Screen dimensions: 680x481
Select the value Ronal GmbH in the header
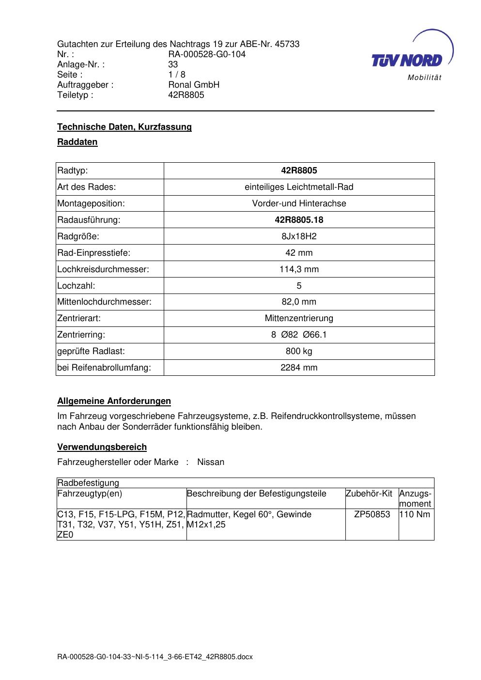click(194, 85)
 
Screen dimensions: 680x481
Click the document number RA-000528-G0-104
click(207, 54)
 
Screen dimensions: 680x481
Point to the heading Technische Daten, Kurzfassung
click(124, 127)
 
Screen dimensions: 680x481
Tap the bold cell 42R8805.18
click(299, 220)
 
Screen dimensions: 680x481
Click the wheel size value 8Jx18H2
click(299, 236)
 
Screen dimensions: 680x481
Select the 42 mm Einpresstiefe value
click(299, 253)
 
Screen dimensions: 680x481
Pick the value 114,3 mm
click(299, 269)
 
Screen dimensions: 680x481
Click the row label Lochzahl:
click(76, 286)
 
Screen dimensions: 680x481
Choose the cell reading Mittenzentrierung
click(299, 318)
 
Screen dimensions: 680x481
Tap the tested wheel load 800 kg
click(299, 351)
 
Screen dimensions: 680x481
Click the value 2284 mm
click(299, 368)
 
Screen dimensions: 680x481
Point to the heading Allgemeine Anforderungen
click(114, 401)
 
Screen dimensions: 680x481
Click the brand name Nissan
click(211, 462)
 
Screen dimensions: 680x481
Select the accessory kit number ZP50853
click(372, 514)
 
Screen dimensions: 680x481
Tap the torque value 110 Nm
click(415, 514)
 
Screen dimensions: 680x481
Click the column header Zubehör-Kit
click(369, 494)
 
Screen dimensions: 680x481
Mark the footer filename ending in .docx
click(155, 657)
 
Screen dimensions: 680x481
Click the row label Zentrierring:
click(81, 335)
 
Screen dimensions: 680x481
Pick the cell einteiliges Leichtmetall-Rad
click(299, 187)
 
